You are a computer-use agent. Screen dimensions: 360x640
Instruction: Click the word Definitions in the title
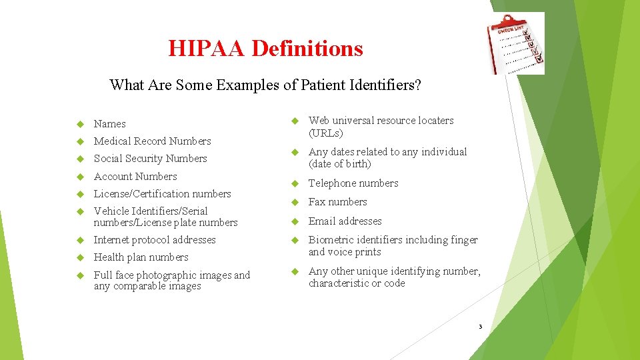click(x=307, y=49)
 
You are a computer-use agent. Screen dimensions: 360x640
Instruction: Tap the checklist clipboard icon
click(x=518, y=43)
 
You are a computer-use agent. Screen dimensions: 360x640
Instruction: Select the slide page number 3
click(x=479, y=327)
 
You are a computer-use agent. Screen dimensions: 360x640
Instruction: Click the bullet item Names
click(x=109, y=124)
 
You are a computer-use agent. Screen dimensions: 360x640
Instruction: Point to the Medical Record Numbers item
click(x=152, y=141)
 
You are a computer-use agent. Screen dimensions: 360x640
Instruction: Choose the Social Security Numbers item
click(x=150, y=159)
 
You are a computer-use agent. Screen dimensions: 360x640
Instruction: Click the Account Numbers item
click(x=135, y=177)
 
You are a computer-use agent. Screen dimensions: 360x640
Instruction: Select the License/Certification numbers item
click(x=162, y=194)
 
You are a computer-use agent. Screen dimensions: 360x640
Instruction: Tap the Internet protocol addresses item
click(x=155, y=240)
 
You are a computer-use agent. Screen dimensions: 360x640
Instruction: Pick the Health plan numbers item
click(x=141, y=257)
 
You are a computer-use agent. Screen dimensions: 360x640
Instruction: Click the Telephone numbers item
click(x=353, y=183)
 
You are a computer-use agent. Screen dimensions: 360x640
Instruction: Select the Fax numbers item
click(x=337, y=202)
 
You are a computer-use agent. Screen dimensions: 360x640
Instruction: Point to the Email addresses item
click(x=345, y=221)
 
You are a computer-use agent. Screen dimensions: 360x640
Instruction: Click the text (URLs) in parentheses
click(x=326, y=133)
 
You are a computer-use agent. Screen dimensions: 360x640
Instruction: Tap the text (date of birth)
click(x=339, y=164)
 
